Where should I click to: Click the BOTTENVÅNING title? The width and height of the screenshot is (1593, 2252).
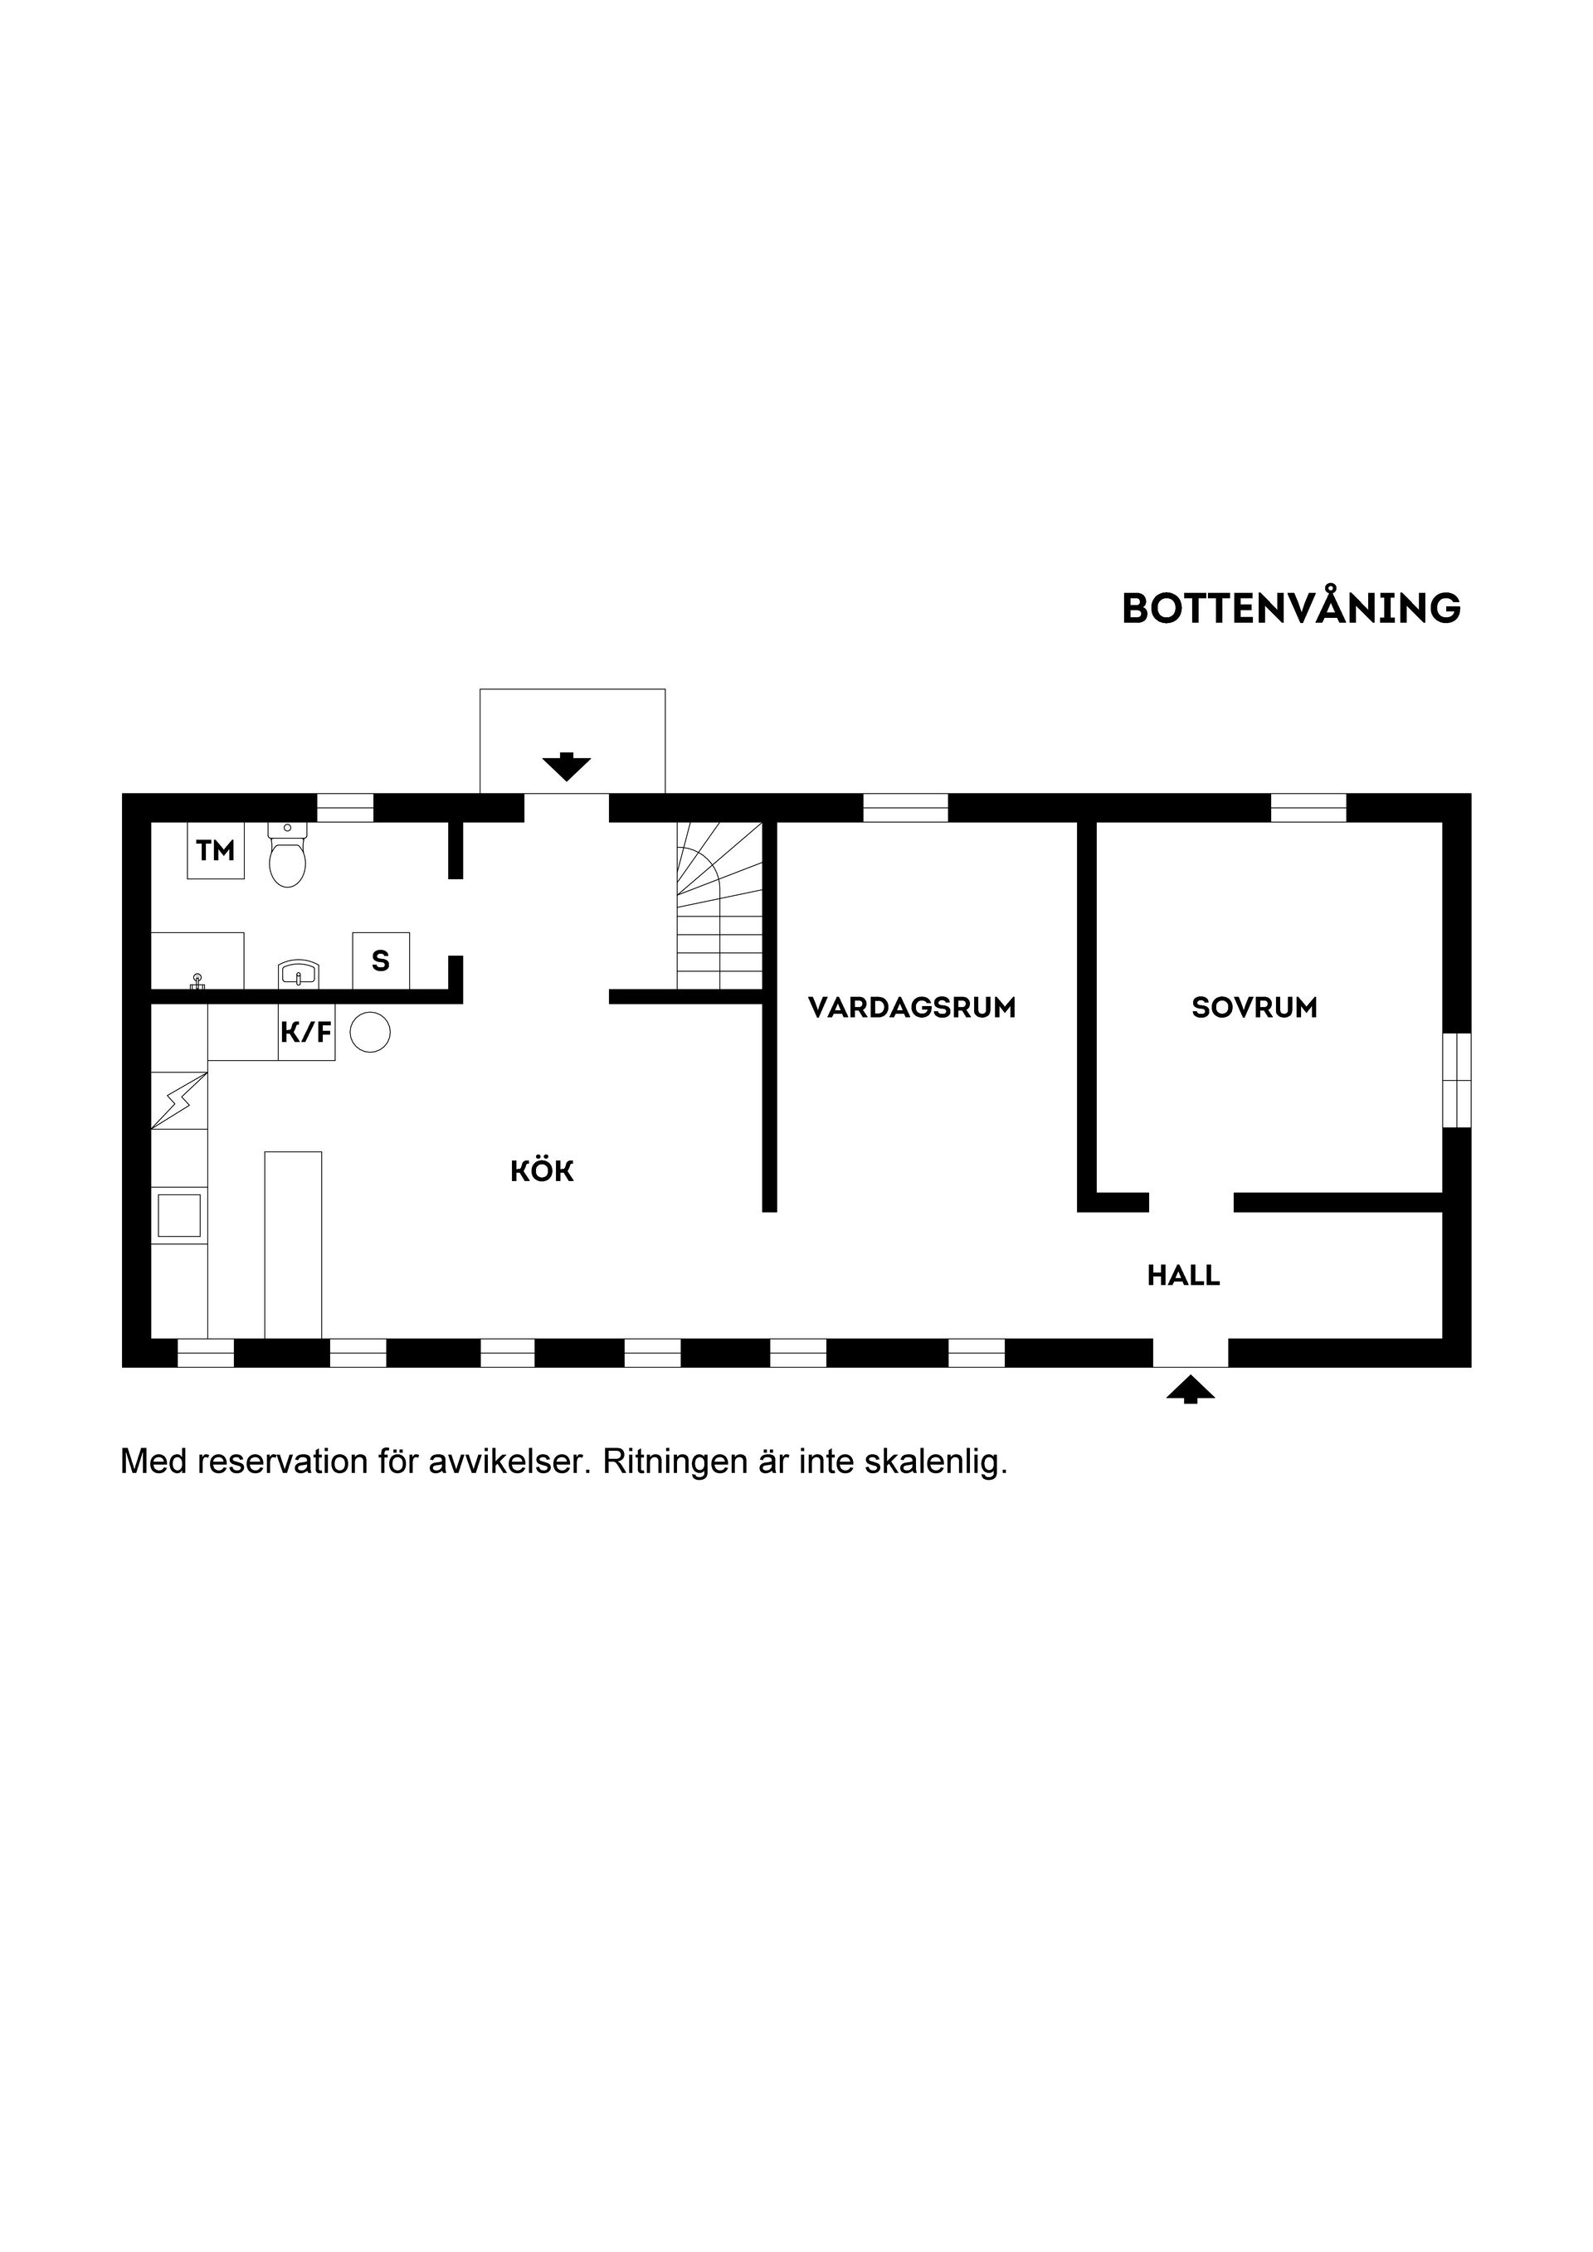click(1291, 608)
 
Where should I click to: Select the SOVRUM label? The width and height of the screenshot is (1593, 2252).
click(1254, 1007)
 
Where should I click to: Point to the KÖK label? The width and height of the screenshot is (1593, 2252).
click(542, 1171)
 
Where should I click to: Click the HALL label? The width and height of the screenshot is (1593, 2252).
click(1183, 1275)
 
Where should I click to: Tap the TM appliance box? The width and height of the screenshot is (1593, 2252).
click(216, 850)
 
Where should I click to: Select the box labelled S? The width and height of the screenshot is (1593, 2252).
click(381, 961)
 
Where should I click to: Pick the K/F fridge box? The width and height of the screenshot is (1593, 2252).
click(306, 1032)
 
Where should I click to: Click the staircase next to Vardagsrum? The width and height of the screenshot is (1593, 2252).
click(719, 905)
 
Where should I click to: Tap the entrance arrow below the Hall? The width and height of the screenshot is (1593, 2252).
click(1190, 1390)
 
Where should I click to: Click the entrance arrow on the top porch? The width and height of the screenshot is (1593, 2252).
click(566, 766)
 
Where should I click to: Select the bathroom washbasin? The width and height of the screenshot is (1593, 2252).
click(298, 974)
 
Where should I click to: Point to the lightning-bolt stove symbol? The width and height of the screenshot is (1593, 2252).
click(179, 1101)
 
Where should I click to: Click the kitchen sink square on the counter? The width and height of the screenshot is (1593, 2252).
click(179, 1215)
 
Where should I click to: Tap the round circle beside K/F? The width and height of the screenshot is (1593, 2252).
click(370, 1032)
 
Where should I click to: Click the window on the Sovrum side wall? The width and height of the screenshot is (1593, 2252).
click(1457, 1079)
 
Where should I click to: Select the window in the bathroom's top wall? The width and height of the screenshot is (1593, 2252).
click(345, 807)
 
